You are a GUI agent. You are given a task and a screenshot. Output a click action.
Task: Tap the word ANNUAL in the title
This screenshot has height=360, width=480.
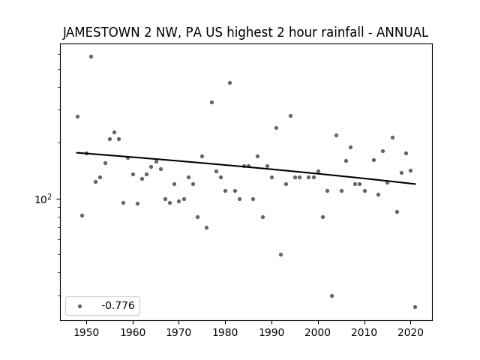point(402,32)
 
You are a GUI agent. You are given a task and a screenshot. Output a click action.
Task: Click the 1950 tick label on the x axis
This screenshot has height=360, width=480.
point(87,332)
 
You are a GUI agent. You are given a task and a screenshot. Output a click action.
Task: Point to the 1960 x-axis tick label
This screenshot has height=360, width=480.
point(133,332)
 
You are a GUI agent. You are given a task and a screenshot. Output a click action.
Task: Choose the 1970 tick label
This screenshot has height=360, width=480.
point(179,332)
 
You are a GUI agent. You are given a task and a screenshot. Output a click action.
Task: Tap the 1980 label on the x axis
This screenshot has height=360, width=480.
point(225,332)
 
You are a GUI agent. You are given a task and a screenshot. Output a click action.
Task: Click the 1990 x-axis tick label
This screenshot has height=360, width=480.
point(271,332)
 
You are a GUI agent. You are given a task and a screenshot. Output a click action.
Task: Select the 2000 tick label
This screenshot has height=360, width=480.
point(318,332)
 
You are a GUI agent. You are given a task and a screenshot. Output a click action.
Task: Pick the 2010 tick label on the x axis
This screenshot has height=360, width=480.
point(364,332)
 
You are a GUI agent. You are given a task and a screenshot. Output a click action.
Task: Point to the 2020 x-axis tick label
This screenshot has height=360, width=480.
point(410,332)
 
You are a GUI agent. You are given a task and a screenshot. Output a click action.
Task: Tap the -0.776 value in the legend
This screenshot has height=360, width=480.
point(118,305)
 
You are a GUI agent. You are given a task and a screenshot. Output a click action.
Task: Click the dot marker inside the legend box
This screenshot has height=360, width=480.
point(80,307)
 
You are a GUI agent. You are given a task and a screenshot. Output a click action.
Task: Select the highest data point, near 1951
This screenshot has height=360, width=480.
point(91,57)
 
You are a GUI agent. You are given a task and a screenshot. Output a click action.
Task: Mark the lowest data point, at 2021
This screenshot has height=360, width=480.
point(415,307)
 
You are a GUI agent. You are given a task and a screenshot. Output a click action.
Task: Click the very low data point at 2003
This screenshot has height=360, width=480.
point(331,295)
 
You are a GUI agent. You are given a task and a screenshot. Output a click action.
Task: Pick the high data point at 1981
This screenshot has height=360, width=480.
point(230,83)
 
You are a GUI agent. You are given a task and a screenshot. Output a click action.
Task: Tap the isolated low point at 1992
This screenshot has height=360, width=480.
point(280,255)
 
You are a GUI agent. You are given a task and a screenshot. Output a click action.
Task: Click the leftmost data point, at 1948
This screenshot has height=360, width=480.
point(77,117)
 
